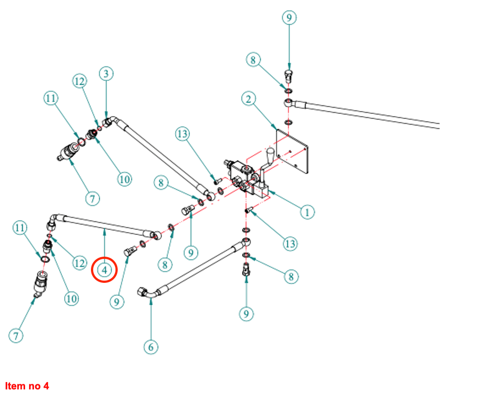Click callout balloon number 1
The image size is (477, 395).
pyautogui.click(x=306, y=212)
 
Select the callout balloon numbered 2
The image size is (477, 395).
pyautogui.click(x=248, y=99)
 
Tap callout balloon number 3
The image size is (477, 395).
pyautogui.click(x=106, y=74)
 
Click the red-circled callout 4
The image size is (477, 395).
pyautogui.click(x=104, y=270)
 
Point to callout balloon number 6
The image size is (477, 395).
pyautogui.click(x=150, y=346)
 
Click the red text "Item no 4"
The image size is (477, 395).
pyautogui.click(x=27, y=386)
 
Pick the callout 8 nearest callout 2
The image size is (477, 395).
pyautogui.click(x=254, y=60)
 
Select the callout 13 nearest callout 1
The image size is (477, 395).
pyautogui.click(x=290, y=244)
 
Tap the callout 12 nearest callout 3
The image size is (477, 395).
pyautogui.click(x=79, y=81)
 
